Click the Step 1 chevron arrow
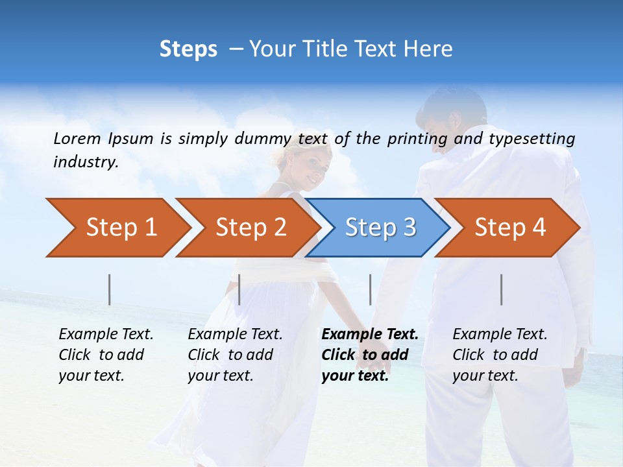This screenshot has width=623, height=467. [117, 228]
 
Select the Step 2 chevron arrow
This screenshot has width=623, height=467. [247, 228]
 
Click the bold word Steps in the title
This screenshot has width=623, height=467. [188, 49]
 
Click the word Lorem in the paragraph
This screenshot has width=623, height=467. [77, 138]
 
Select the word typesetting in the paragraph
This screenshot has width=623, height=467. [531, 139]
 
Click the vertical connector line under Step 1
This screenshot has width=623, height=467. [110, 289]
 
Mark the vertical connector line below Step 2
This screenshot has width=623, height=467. [239, 289]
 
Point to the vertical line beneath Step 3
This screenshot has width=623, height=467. [371, 289]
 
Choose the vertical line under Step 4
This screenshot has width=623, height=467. [502, 289]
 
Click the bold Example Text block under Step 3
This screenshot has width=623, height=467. [369, 355]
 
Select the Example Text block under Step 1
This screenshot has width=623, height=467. [106, 355]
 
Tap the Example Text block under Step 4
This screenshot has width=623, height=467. [499, 355]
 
